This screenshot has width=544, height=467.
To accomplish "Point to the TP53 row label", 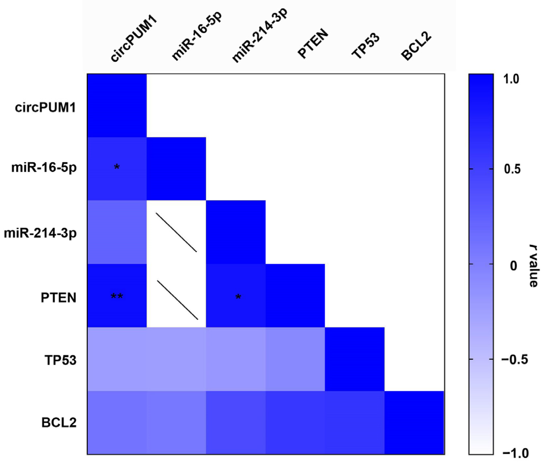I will coord(60,360).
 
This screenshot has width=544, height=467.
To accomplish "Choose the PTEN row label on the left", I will coord(59,298).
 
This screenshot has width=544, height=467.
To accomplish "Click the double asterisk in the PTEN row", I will coord(117,297).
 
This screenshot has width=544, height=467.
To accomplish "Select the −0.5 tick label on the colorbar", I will coord(514,360).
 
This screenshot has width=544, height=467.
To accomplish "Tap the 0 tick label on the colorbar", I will coord(514,266).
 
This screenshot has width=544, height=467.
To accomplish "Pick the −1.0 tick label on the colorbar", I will coord(514,454).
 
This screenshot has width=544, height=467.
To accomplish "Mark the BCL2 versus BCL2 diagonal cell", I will coord(414,422).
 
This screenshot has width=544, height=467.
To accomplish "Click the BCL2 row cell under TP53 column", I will coord(355,422).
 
